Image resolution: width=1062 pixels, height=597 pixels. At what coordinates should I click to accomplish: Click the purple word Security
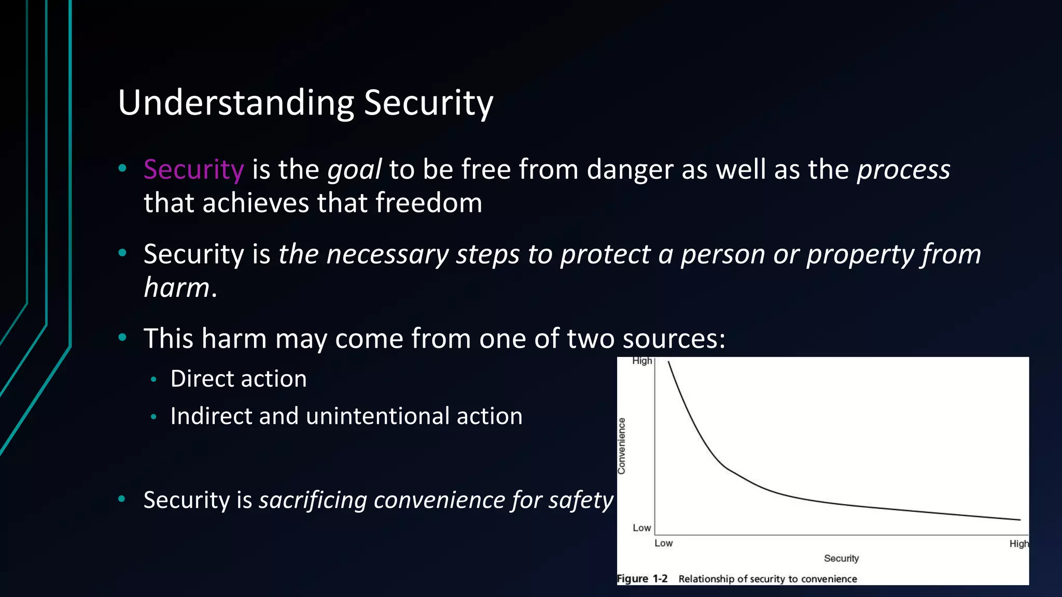(193, 170)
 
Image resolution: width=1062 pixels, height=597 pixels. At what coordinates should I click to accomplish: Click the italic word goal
(355, 170)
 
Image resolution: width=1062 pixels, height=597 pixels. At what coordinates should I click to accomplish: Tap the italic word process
(903, 170)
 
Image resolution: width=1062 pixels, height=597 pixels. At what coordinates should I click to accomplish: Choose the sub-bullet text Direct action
(239, 379)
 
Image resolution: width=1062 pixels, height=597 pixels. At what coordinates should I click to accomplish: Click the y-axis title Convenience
(622, 446)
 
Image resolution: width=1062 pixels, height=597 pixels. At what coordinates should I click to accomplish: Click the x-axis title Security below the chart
(841, 558)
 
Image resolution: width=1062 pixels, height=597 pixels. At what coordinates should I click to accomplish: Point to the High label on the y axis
(642, 361)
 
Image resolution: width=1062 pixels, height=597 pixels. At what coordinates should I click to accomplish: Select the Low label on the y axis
(641, 528)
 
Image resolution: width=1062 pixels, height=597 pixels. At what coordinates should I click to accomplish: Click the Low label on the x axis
(663, 543)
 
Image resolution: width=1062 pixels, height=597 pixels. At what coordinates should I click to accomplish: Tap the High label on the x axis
(1018, 544)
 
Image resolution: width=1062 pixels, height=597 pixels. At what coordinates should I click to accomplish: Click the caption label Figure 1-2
(642, 578)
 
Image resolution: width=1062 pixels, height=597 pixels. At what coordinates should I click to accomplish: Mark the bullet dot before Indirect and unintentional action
(153, 417)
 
